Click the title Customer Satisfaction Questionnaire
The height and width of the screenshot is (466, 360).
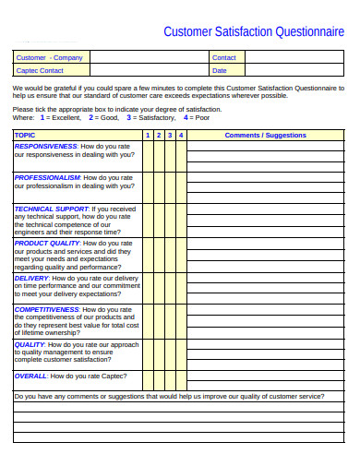click(254, 31)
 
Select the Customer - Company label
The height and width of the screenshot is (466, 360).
click(49, 58)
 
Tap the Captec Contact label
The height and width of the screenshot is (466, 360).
click(40, 70)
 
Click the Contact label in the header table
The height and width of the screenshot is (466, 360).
click(224, 58)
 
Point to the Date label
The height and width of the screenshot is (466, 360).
click(220, 70)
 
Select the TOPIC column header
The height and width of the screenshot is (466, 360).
click(25, 136)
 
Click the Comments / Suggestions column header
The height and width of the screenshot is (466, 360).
click(265, 136)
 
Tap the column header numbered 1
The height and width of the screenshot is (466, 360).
click(147, 136)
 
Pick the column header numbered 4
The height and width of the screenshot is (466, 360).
click(181, 136)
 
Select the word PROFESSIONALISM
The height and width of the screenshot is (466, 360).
click(47, 177)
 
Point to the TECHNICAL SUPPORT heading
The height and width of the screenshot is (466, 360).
click(52, 209)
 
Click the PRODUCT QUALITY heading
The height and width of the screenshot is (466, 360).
click(47, 243)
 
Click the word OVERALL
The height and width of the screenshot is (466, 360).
click(30, 376)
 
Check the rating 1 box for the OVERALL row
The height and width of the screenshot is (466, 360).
click(147, 380)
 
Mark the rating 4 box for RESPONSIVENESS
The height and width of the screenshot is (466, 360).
click(181, 157)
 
